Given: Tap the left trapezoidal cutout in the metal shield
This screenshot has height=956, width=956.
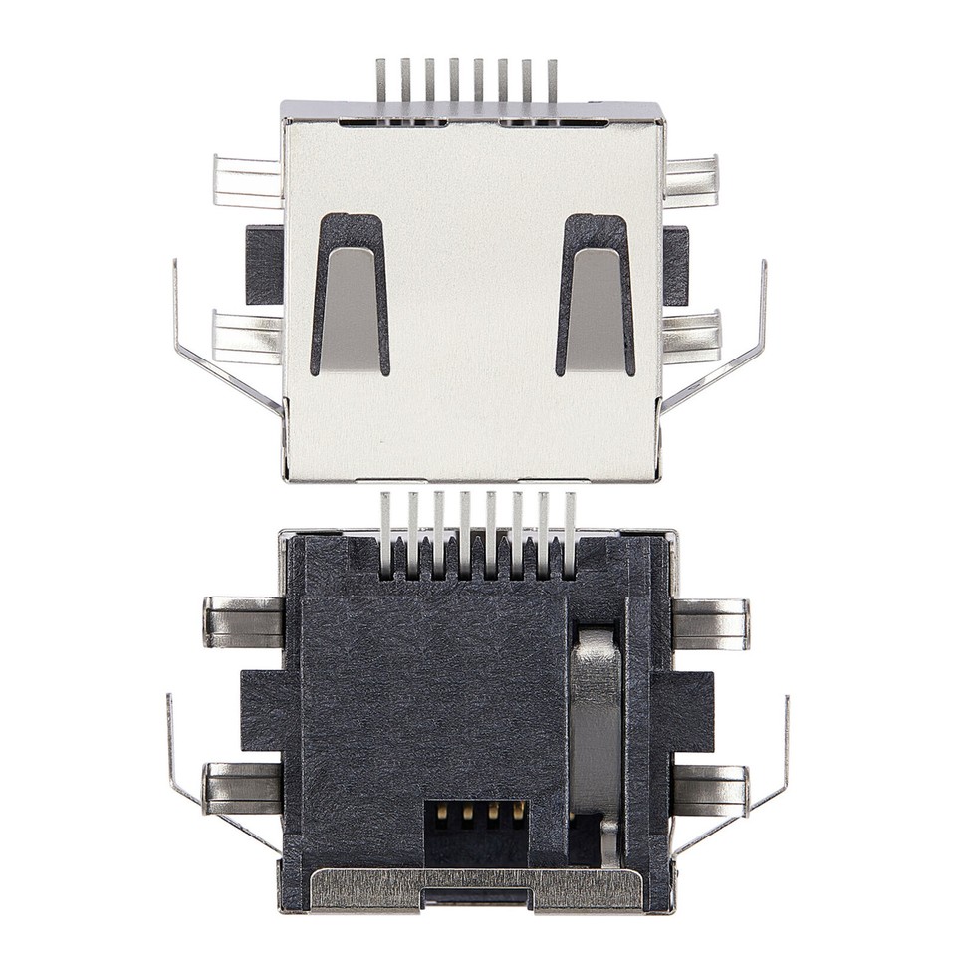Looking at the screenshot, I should pos(350,296).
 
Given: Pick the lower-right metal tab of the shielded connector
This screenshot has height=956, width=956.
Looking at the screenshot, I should pos(691,337).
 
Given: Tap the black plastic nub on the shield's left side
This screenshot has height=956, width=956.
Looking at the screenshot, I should pos(264,265).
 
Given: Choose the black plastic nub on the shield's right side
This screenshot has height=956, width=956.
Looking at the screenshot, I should pos(676,265).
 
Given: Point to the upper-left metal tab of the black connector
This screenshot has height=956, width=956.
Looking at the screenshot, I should pos(244,622).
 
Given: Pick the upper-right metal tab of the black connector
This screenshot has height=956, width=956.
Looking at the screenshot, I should pos(710,623).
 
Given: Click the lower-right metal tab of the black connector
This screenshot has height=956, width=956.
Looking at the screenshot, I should pos(710,789).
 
